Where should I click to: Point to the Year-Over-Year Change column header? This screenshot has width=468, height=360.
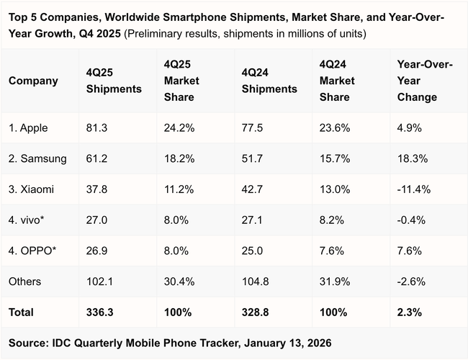point(425,81)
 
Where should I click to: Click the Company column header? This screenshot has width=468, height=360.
point(32,81)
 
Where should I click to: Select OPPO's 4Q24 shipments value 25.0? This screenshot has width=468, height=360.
point(251,251)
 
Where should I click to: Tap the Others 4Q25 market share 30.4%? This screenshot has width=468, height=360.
point(179,282)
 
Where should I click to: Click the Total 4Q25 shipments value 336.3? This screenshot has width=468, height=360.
point(99,312)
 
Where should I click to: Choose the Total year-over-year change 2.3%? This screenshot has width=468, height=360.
point(409,312)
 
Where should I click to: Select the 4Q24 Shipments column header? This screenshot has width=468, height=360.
point(269,81)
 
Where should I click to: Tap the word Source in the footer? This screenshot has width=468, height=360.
point(28,343)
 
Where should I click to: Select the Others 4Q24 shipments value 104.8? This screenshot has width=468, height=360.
point(254,282)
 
